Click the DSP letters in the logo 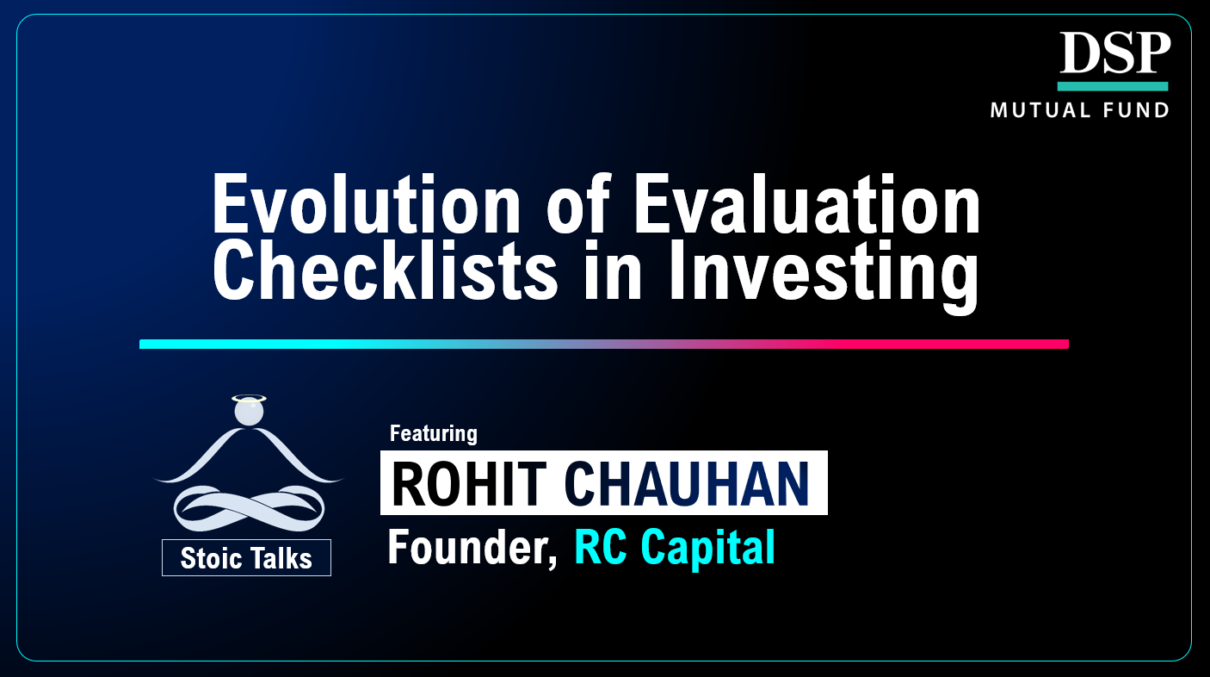(1114, 53)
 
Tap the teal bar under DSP (1112, 86)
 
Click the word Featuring (433, 432)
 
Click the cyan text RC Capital (674, 548)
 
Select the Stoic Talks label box (246, 558)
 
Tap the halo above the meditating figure (249, 398)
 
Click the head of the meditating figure (249, 413)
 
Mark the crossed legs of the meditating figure (248, 508)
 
